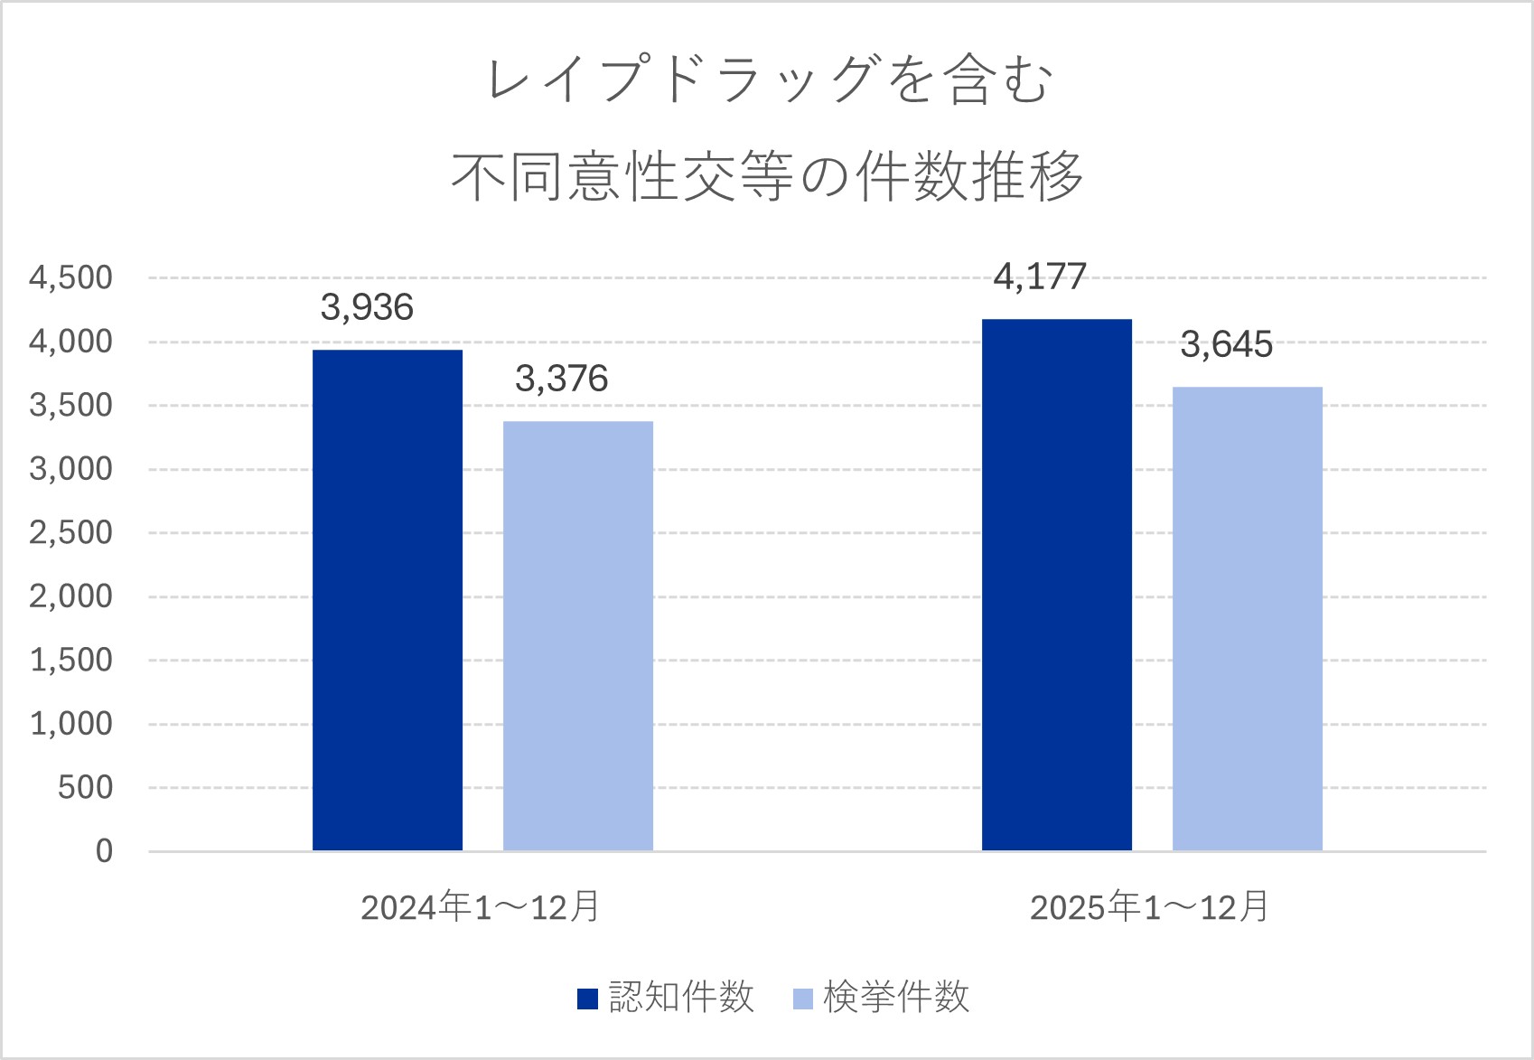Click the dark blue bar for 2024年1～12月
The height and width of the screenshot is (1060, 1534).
[388, 600]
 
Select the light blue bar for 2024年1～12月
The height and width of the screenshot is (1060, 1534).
[578, 636]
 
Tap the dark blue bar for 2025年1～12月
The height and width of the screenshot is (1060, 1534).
[1057, 585]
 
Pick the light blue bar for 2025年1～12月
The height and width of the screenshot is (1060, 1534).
[1248, 619]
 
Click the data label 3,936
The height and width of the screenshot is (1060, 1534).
[367, 308]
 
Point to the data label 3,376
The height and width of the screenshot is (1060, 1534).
[561, 380]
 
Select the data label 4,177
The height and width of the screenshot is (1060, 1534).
[1040, 277]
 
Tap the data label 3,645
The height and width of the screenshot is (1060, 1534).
[1226, 345]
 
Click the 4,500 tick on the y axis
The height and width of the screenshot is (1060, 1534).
[71, 278]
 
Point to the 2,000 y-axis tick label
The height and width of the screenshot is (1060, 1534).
[71, 596]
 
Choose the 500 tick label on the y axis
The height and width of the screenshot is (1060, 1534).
[86, 788]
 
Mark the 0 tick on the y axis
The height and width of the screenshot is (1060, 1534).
[105, 851]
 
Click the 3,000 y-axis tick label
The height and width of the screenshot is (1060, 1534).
[71, 469]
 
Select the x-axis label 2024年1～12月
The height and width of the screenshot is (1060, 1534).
[481, 907]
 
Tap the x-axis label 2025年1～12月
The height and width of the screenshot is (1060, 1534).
[1150, 907]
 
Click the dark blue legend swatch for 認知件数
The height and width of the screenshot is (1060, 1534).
[587, 999]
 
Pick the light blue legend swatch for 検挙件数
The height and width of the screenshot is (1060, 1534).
[802, 999]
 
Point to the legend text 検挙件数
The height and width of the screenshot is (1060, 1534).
[896, 998]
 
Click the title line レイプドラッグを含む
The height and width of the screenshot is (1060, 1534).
[770, 80]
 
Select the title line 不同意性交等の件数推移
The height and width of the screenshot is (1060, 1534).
[767, 175]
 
